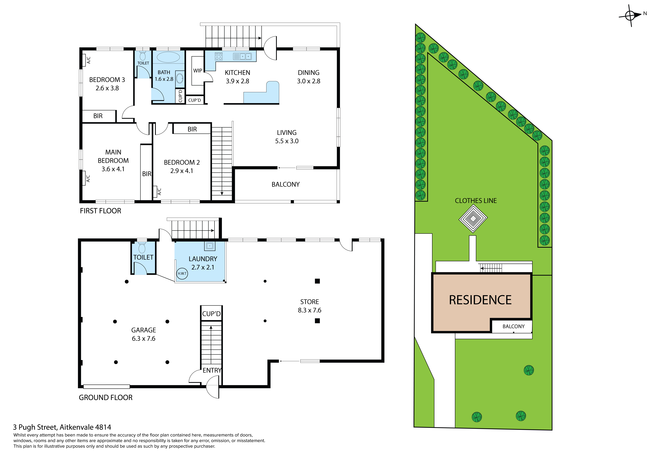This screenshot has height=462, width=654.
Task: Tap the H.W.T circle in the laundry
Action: click(182, 274)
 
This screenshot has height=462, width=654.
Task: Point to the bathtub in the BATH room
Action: click(168, 57)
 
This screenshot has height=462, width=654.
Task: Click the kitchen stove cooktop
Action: click(218, 56)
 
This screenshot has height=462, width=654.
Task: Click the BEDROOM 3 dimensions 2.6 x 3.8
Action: click(107, 88)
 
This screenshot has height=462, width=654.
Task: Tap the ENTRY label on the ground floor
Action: click(212, 370)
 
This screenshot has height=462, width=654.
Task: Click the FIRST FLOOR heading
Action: click(101, 211)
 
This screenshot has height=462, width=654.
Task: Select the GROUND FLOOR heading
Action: click(106, 398)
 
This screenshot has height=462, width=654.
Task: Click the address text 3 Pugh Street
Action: click(62, 427)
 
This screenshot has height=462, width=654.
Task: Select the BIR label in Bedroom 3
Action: click(98, 116)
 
